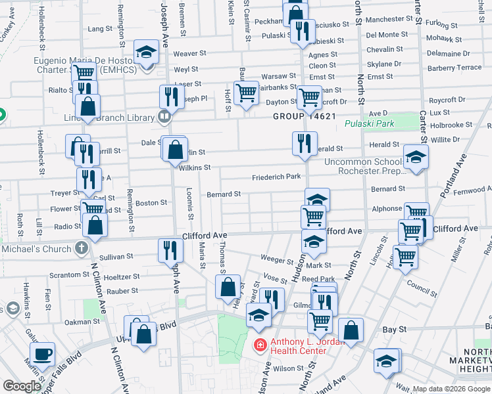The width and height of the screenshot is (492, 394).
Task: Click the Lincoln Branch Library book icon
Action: tap(164, 118)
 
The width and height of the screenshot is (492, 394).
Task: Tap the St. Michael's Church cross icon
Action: tap(81, 249)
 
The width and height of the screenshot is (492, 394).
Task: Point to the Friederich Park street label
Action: tap(276, 177)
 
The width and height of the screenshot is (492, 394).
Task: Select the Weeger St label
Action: tap(276, 260)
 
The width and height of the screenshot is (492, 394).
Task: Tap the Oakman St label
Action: tap(82, 322)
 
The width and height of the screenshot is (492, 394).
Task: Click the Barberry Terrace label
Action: tap(455, 68)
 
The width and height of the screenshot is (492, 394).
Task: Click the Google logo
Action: tap(22, 386)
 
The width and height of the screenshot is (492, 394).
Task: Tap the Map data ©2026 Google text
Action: tap(451, 389)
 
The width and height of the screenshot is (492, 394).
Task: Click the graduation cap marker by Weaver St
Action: tap(146, 52)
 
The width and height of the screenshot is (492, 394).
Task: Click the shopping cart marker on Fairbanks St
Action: tap(246, 93)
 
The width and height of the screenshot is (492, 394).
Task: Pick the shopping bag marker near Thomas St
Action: tap(228, 286)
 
